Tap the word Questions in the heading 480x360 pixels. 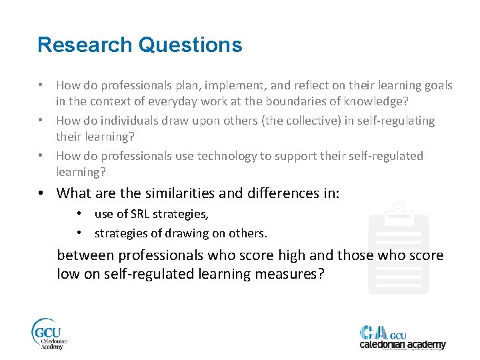tap(190, 45)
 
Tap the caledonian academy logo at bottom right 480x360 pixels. tap(402, 337)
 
